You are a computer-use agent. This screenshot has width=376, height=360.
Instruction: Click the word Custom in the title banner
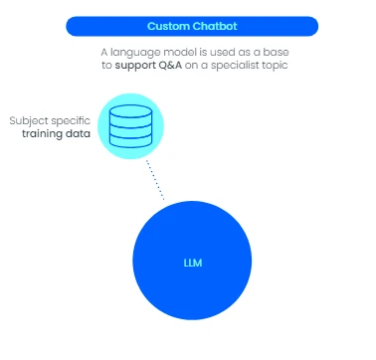pos(168,26)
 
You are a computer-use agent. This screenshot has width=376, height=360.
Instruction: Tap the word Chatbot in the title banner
pos(215,26)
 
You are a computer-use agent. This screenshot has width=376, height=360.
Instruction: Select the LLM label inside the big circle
pos(193,263)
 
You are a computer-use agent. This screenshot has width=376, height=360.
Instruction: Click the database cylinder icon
pos(130,126)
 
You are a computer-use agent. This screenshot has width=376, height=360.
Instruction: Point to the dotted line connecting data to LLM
pos(155,180)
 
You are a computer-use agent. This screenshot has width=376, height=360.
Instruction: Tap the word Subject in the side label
pos(25,120)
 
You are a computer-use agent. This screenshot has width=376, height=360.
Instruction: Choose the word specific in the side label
pos(68,121)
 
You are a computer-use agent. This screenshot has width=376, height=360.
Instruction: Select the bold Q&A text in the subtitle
pos(170,65)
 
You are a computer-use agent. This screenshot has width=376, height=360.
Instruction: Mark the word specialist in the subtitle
pos(235,65)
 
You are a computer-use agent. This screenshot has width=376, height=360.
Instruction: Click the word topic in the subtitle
pos(275,66)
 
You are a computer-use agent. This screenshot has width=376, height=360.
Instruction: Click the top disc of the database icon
pos(130,111)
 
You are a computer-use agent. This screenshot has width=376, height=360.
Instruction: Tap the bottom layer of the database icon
pos(130,141)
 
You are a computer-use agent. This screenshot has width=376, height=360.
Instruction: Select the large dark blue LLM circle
pos(192,261)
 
